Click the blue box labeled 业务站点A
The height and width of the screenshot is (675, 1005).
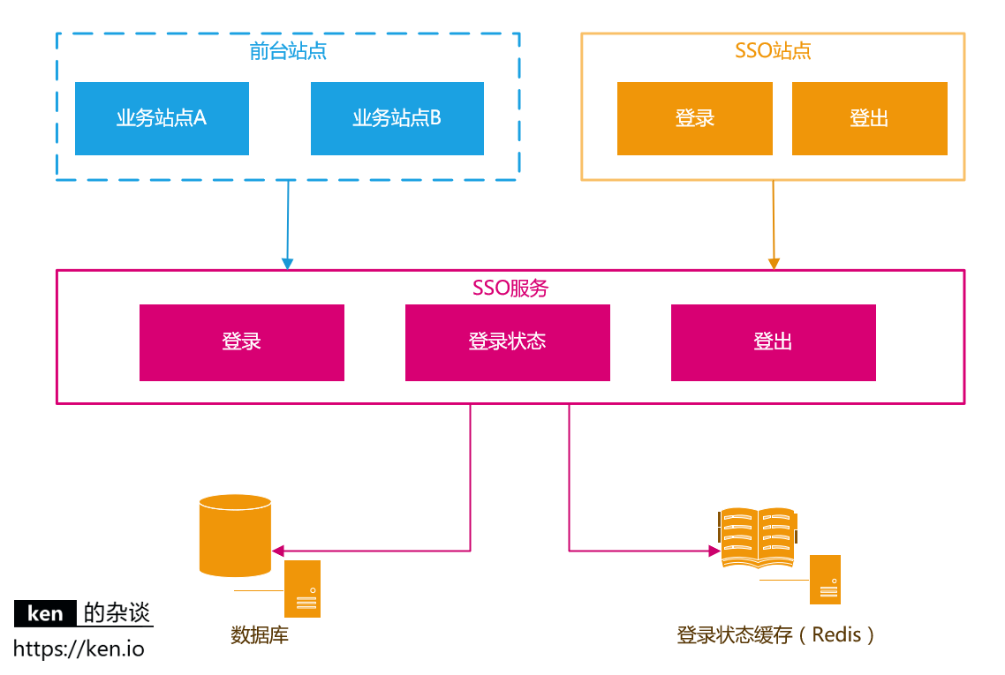tap(162, 118)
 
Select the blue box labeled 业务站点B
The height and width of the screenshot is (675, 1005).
tap(397, 118)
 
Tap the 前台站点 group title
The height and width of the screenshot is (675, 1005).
tap(288, 50)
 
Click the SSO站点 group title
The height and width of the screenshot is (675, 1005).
tap(773, 50)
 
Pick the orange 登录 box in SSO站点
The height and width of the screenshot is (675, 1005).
tap(694, 118)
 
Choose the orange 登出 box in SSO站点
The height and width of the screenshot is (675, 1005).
tap(869, 118)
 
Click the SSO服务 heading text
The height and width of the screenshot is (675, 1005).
tap(510, 288)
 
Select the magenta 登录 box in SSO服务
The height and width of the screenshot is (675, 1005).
tap(241, 342)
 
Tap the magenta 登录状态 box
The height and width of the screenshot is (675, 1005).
tap(507, 342)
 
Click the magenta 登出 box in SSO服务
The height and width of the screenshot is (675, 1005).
tap(773, 342)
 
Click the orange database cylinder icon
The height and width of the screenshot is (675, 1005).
tap(235, 535)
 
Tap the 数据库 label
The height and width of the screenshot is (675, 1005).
tap(260, 634)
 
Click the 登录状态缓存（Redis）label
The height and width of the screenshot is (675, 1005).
tap(776, 634)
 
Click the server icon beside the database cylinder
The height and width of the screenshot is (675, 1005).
tap(302, 589)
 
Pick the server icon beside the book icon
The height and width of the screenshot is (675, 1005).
tap(825, 580)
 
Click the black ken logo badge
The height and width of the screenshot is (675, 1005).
tap(45, 613)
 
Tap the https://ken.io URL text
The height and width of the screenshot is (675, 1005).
tap(79, 649)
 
